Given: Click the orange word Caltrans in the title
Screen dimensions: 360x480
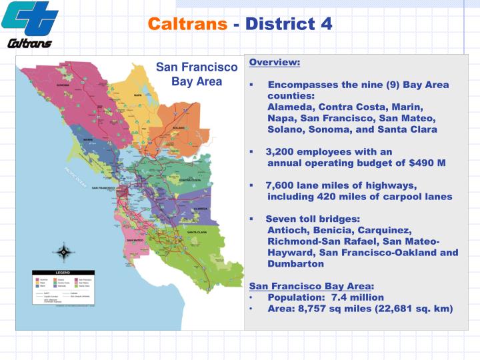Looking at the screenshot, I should (x=189, y=24).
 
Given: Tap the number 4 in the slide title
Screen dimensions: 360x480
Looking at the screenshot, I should (x=326, y=24).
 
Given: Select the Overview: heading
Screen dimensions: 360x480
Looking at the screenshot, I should (x=275, y=63).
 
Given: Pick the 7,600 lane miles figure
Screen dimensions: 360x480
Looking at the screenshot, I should (x=280, y=185).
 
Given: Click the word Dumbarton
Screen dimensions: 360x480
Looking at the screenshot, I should (x=295, y=264).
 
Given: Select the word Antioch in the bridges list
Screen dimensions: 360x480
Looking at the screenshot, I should (x=287, y=230).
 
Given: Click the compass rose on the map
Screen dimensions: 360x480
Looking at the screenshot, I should (x=63, y=252).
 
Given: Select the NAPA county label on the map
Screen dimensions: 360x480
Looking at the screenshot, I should (x=138, y=95).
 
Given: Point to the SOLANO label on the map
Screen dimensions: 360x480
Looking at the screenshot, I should (x=179, y=127).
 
